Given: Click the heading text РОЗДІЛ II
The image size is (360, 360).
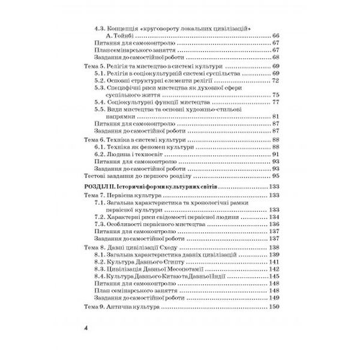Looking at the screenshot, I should click(x=97, y=187).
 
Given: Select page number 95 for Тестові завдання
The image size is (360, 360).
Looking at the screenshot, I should click(x=277, y=177).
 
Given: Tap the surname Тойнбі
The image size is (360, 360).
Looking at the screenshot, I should click(x=125, y=35).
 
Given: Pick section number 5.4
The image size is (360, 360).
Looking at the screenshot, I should click(x=100, y=102).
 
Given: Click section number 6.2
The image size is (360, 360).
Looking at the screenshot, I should click(x=100, y=154).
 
